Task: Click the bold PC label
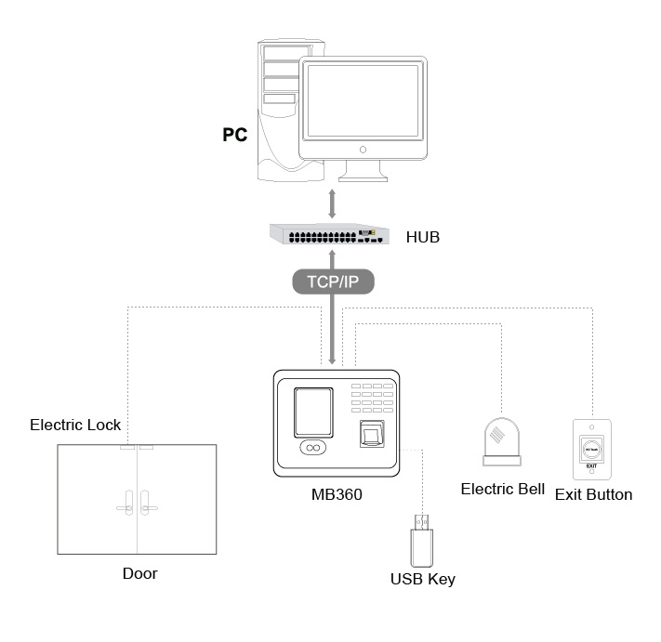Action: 235,135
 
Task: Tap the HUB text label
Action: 423,237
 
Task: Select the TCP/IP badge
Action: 333,282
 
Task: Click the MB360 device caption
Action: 337,494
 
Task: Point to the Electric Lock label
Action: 75,425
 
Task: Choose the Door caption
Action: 140,573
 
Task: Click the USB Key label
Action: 423,579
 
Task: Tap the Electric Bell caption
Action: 503,489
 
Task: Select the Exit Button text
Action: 593,494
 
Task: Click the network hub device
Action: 329,234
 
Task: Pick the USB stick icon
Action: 421,541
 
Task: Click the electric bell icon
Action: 502,441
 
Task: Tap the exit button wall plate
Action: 592,449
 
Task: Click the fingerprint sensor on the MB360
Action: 372,434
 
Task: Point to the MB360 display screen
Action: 313,413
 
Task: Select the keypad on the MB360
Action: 372,398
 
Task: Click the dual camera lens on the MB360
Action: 312,448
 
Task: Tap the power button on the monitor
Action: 363,150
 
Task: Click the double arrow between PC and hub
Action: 332,203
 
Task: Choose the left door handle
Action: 126,503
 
